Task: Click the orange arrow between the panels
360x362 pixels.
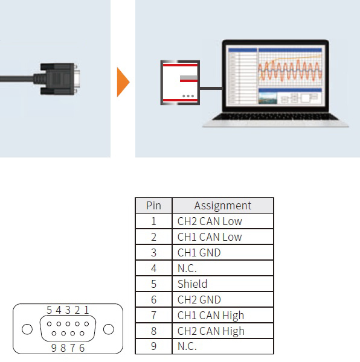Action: (x=123, y=82)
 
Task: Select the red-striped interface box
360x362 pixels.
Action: (x=180, y=83)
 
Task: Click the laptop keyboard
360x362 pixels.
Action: (x=275, y=117)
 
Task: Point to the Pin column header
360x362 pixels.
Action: (x=153, y=205)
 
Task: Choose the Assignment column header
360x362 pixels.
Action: (x=223, y=205)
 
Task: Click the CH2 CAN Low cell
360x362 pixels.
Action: (x=223, y=221)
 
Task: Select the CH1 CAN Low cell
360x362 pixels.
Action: (x=223, y=237)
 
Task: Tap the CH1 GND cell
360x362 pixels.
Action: (x=223, y=253)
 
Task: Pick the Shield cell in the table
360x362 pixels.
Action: (x=223, y=284)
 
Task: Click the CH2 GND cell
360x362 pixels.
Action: (x=223, y=299)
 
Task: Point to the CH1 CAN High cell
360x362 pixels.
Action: (x=223, y=315)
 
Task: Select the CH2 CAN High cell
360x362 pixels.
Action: (x=223, y=331)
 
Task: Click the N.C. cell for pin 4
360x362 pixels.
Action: (x=223, y=268)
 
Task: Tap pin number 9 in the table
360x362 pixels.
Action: (x=153, y=346)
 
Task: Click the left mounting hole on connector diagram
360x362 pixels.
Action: (x=27, y=329)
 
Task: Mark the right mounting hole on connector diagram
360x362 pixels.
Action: (x=109, y=329)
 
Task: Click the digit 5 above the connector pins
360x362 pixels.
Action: (x=49, y=310)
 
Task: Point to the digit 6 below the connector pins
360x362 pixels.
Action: (x=82, y=348)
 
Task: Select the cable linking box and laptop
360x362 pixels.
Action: (x=211, y=88)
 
